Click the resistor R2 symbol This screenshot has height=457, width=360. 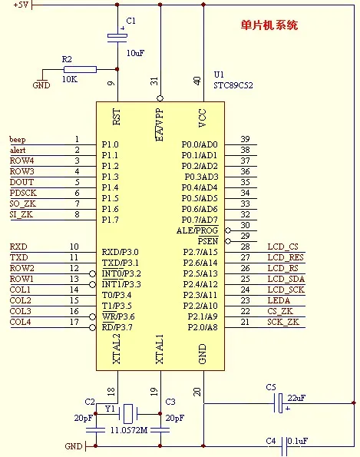click(80, 69)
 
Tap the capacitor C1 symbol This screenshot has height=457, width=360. click(117, 38)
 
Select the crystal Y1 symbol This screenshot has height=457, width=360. click(128, 413)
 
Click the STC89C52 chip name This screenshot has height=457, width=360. click(233, 85)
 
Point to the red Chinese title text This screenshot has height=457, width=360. click(269, 25)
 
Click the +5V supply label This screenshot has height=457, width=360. click(21, 5)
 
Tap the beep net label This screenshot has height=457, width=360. click(18, 140)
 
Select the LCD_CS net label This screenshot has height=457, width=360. click(283, 247)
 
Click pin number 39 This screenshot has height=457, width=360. click(245, 139)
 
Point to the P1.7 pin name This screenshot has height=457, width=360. click(110, 220)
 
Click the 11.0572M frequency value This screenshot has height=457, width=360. click(129, 430)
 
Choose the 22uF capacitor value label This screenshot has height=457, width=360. click(296, 398)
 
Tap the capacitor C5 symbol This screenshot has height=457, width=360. click(279, 403)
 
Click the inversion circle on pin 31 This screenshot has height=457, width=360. click(160, 98)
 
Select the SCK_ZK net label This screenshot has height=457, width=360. click(283, 322)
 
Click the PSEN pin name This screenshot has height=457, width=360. click(208, 241)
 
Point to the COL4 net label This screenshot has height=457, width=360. click(21, 322)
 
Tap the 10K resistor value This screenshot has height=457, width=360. click(70, 79)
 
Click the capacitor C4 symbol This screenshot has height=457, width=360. click(285, 446)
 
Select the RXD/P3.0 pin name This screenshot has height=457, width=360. click(120, 252)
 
